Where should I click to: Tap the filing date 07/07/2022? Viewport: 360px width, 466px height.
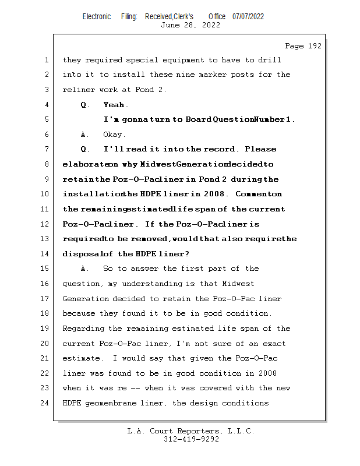point(248,17)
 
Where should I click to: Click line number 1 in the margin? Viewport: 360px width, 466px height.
point(45,60)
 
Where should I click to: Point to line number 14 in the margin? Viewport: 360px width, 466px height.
point(45,253)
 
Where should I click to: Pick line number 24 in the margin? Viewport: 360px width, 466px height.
point(45,403)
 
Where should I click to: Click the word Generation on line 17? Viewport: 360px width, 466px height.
point(86,299)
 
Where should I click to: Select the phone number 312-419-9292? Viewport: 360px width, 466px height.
point(190,439)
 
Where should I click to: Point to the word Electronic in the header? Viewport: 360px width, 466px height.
point(97,17)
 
